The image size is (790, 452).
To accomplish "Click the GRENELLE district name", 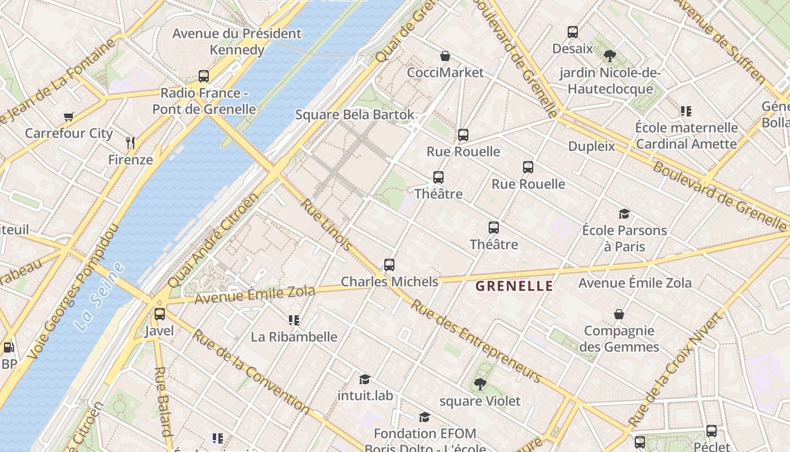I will [514, 286].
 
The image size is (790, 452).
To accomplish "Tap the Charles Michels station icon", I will [389, 264].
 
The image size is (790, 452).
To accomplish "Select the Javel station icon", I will [160, 314].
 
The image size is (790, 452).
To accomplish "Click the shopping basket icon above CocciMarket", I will [445, 56].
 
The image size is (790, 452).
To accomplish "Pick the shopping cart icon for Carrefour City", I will [69, 117].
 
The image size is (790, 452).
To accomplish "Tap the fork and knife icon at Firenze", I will [130, 142].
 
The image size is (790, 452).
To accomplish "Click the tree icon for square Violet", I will [480, 384].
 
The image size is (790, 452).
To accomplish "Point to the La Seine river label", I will [99, 297].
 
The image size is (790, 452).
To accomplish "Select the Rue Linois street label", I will [326, 224].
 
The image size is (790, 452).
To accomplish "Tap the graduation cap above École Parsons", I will [624, 214].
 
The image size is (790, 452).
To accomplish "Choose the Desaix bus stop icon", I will [573, 32].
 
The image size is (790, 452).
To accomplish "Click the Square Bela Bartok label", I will [355, 115].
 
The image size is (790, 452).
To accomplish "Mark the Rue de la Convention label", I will [251, 371].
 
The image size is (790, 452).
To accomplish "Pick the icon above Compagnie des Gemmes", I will [619, 314].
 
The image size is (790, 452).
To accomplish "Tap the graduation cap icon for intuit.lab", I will [365, 379].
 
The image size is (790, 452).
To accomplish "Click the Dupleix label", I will [591, 146].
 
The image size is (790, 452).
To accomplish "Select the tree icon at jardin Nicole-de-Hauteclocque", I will [609, 56].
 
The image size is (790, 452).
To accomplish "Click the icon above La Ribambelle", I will [293, 320].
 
